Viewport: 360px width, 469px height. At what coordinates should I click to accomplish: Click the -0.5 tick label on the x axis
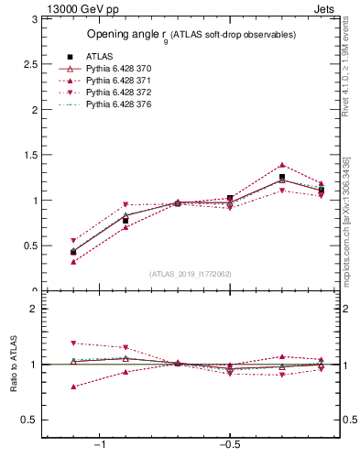pos(228,444)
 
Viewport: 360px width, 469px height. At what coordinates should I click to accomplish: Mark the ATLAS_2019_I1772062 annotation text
pos(191,274)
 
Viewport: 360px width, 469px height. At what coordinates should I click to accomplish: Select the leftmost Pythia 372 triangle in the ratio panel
pos(73,344)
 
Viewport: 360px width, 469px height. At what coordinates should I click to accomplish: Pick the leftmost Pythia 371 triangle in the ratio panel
pos(73,387)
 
